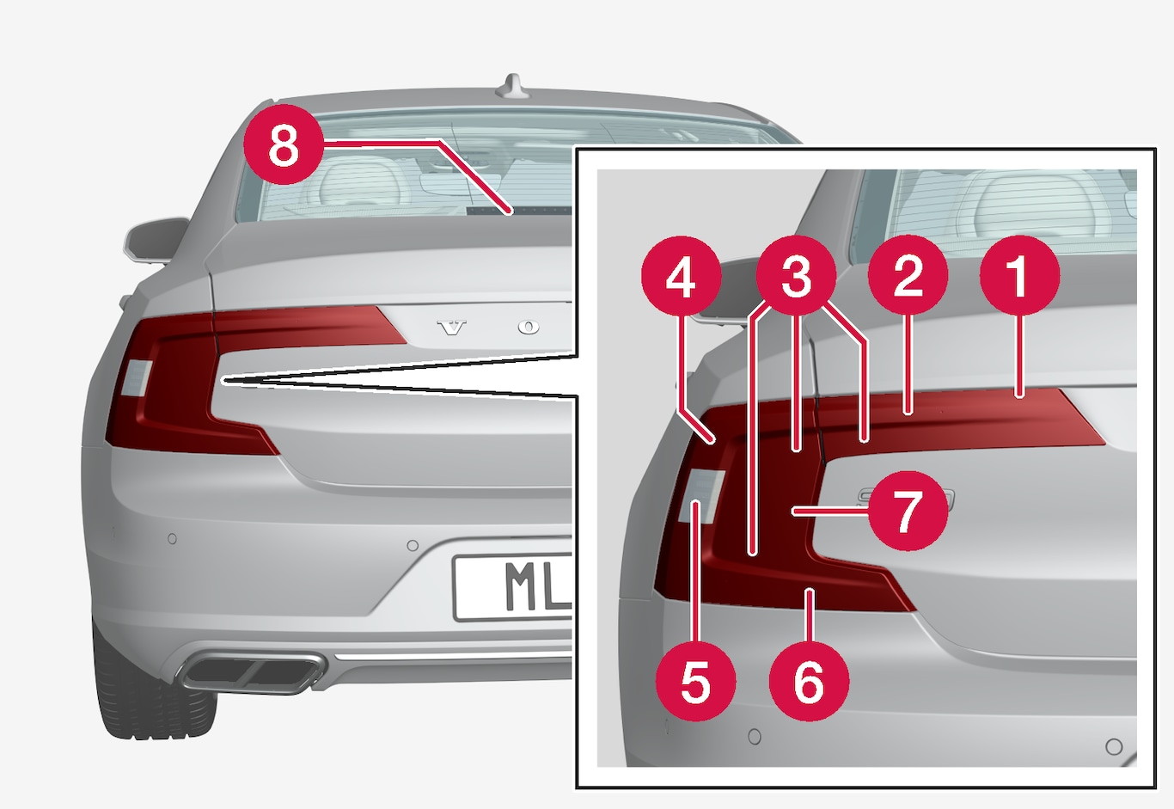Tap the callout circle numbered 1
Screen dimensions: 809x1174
[1019, 275]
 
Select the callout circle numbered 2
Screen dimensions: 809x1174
[908, 275]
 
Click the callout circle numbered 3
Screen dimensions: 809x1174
[796, 276]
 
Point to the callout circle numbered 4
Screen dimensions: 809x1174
[681, 276]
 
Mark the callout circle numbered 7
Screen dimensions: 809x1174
[908, 511]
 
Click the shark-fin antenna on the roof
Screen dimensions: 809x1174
[513, 86]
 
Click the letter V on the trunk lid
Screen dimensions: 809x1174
[452, 328]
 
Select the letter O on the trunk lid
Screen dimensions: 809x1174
[529, 328]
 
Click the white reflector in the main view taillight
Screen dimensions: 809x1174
[138, 377]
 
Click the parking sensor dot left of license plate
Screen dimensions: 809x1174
[413, 546]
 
